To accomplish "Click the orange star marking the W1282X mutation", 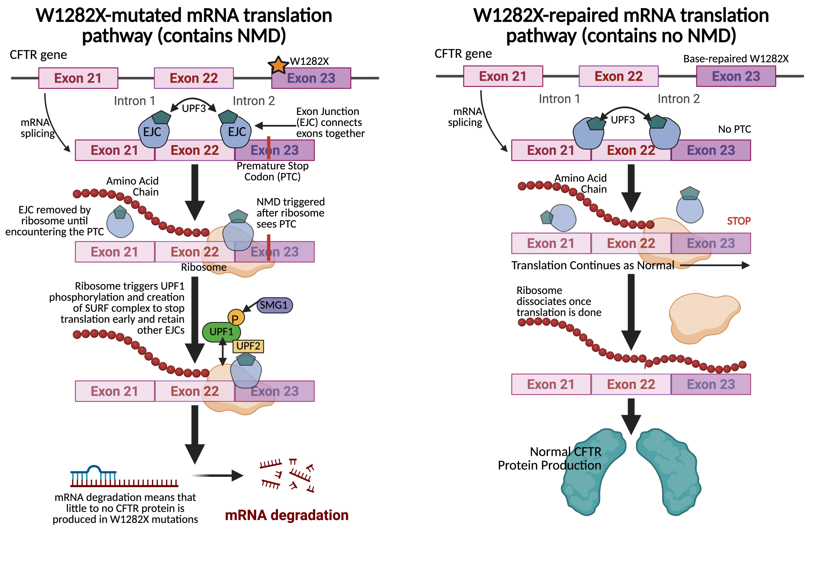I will pyautogui.click(x=278, y=65).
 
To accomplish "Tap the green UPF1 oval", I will pyautogui.click(x=221, y=332).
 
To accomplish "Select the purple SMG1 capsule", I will pyautogui.click(x=274, y=305).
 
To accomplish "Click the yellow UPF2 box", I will pyautogui.click(x=248, y=346).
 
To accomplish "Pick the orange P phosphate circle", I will pyautogui.click(x=236, y=317).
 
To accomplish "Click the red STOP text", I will pyautogui.click(x=738, y=221).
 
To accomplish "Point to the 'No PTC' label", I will pyautogui.click(x=734, y=129).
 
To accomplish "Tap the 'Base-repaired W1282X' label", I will pyautogui.click(x=735, y=59).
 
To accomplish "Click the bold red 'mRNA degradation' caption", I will pyautogui.click(x=287, y=515).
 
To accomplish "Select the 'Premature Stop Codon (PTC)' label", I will pyautogui.click(x=272, y=171).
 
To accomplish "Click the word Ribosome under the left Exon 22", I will pyautogui.click(x=203, y=267).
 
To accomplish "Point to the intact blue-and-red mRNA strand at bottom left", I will pyautogui.click(x=124, y=477).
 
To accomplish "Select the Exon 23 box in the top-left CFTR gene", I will pyautogui.click(x=311, y=78).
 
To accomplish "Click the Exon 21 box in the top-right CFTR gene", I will pyautogui.click(x=503, y=76).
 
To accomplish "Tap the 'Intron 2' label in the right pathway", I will pyautogui.click(x=678, y=99).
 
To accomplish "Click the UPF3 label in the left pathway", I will pyautogui.click(x=194, y=108).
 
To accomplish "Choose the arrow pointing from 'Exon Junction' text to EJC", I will pyautogui.click(x=275, y=125).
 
